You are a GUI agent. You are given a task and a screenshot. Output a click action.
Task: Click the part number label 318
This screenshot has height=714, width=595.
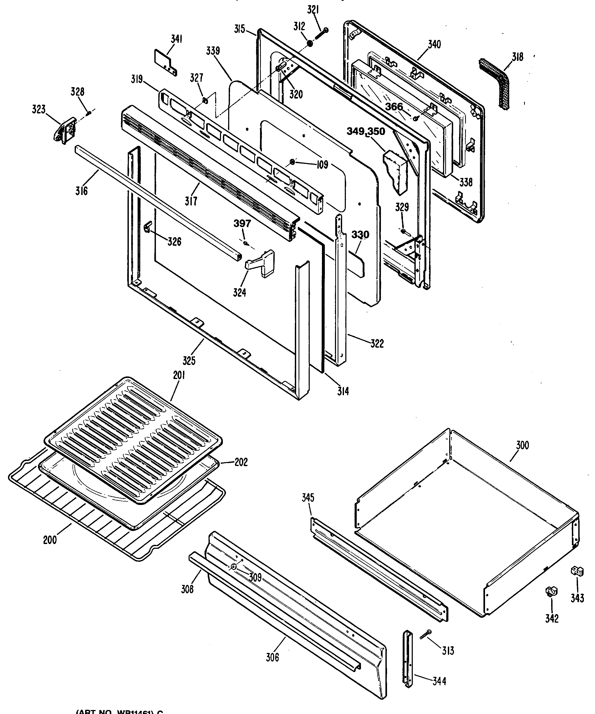(x=517, y=57)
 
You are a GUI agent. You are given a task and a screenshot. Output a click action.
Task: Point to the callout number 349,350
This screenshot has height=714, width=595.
(x=366, y=131)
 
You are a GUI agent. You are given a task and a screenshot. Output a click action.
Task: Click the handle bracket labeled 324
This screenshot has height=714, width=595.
(x=260, y=263)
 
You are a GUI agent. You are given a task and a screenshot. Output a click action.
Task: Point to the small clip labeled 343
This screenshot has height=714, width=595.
(x=577, y=571)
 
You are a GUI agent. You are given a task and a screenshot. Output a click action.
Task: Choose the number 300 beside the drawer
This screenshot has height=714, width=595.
(x=522, y=445)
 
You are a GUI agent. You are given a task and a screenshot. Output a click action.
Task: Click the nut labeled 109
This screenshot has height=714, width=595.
(x=292, y=162)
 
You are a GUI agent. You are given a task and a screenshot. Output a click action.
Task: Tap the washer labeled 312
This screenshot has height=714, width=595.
(x=310, y=44)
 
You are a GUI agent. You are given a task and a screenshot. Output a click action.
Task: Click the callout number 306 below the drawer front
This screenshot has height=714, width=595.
(x=272, y=657)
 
